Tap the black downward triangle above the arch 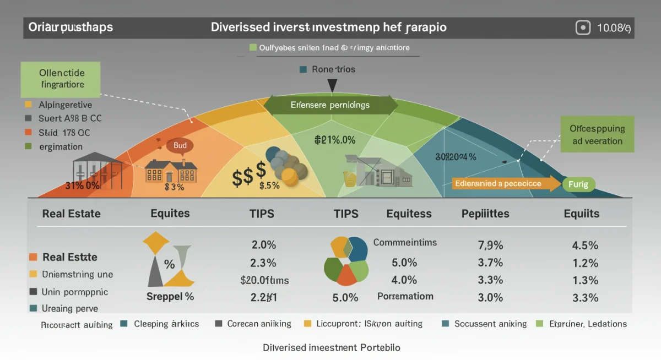click(332, 85)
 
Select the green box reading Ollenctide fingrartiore click(62, 79)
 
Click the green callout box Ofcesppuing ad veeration click(597, 134)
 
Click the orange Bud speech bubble click(180, 145)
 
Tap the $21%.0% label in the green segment click(334, 140)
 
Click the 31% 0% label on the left click(83, 186)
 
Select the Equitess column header click(409, 214)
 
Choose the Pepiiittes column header click(485, 214)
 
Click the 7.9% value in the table click(490, 245)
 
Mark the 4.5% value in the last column click(585, 245)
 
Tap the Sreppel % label click(170, 297)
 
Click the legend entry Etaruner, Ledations click(588, 324)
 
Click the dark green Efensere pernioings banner click(330, 105)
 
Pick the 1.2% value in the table click(585, 263)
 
